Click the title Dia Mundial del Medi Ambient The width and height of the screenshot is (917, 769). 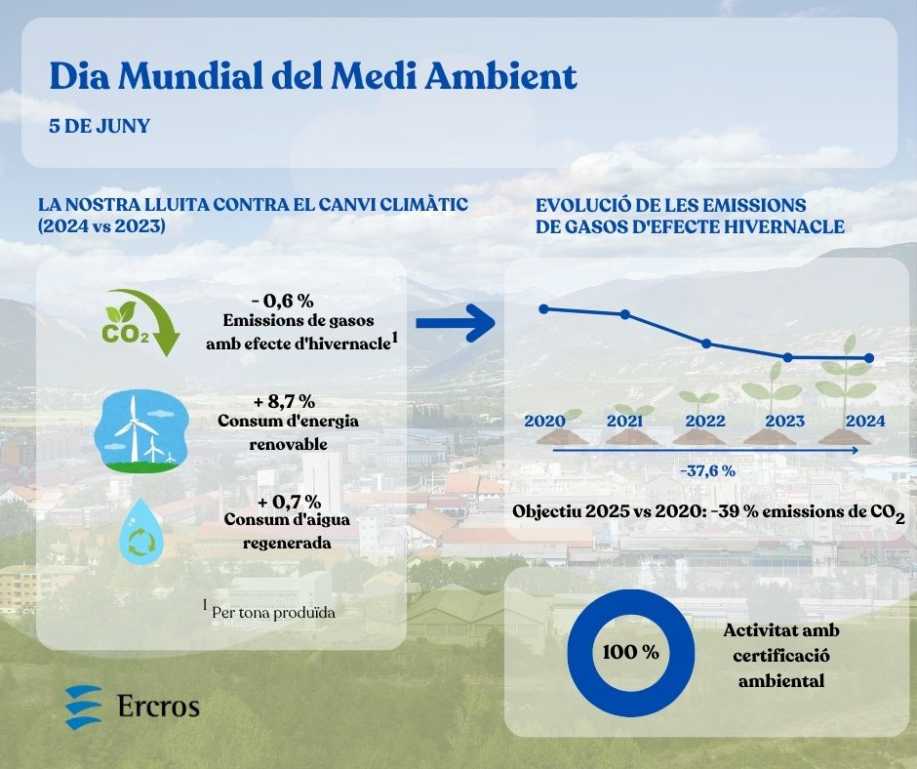coord(312,77)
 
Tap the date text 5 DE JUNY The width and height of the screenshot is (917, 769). coord(100,128)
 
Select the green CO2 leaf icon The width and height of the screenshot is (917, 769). coord(141,322)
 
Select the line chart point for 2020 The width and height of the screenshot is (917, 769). coord(544,308)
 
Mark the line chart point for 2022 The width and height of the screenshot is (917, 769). coord(706,344)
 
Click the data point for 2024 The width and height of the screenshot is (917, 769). coord(869,358)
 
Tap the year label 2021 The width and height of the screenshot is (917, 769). coord(625,421)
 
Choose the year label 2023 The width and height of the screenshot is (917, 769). coord(785,421)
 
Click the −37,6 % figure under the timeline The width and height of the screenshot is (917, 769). coord(707,470)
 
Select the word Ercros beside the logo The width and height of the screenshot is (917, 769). coord(158,706)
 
